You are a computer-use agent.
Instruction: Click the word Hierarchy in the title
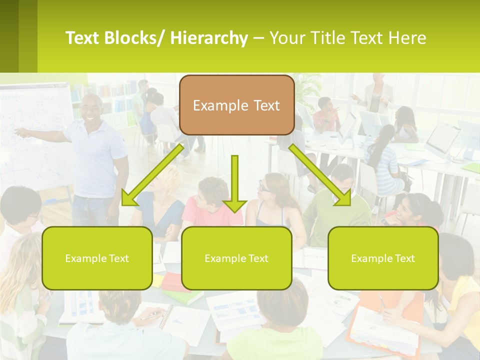pos(209,38)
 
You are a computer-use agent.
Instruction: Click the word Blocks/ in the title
pos(135,38)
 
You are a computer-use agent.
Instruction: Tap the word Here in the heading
pos(407,38)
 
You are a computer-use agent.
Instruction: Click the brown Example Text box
pos(236,105)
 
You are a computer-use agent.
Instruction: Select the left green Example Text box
pos(97,258)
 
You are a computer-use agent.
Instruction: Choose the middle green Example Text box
pos(236,258)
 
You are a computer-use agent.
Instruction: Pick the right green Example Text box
pos(383,258)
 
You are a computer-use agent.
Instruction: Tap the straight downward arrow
pos(234,183)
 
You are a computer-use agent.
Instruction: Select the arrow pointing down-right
pos(320,175)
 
